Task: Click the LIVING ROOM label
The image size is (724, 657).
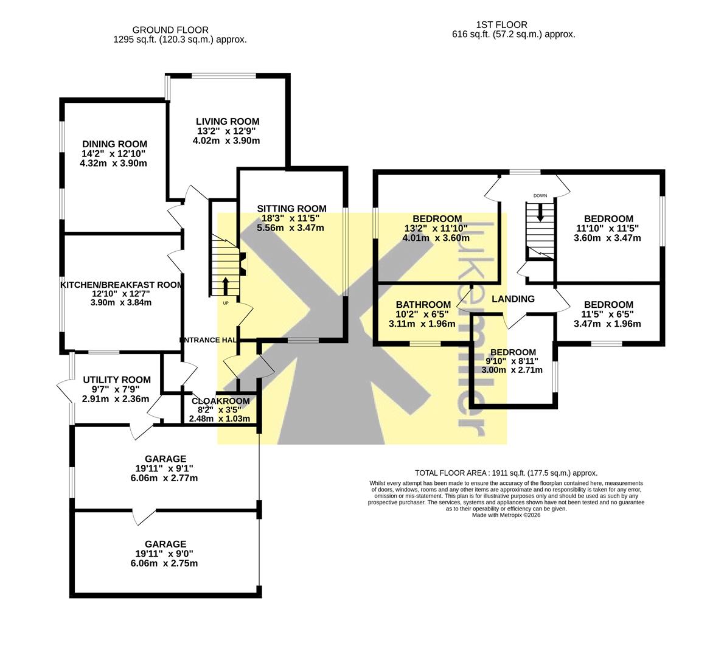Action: [228, 122]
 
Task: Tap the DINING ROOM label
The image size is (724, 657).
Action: [114, 144]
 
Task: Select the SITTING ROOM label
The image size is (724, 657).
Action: [292, 209]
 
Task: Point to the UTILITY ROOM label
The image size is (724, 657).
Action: [117, 380]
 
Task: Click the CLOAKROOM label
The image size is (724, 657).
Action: [221, 401]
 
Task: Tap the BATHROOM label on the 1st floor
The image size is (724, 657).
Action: [423, 305]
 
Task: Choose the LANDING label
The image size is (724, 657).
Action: [513, 299]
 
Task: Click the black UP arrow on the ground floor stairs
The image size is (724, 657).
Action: [226, 286]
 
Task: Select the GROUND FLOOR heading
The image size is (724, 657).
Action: [170, 30]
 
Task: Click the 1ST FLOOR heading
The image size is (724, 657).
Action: [502, 24]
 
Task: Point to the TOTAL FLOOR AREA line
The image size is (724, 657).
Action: [506, 473]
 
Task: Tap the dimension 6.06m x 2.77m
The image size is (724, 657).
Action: [164, 478]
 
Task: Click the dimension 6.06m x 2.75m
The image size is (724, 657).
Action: [164, 564]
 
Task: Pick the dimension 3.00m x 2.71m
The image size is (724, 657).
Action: [512, 370]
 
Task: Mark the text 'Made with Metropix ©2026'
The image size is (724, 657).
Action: [506, 515]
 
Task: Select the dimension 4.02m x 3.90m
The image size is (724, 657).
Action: [226, 141]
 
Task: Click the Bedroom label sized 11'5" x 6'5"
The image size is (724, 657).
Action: [608, 305]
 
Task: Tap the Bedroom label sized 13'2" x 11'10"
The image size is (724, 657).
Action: [437, 219]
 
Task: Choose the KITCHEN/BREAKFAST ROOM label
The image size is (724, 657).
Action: [122, 285]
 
